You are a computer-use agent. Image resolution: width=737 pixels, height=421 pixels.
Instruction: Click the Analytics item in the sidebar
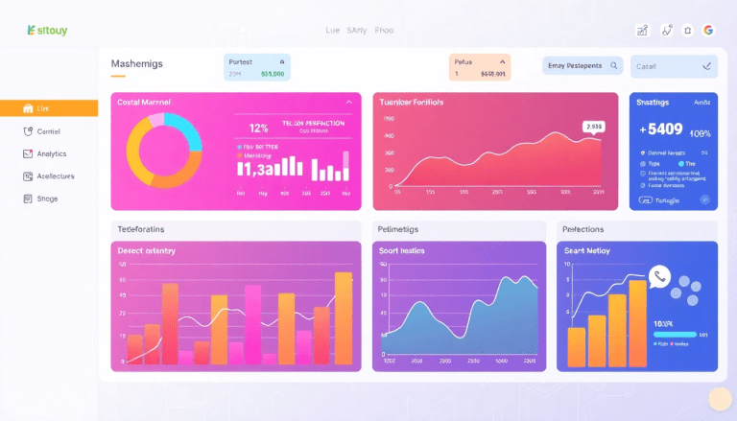click(51, 153)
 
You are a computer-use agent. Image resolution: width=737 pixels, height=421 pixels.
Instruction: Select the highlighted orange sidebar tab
click(49, 108)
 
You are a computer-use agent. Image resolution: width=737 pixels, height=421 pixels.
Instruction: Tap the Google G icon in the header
click(709, 31)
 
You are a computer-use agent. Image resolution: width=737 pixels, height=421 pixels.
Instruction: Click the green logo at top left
click(47, 31)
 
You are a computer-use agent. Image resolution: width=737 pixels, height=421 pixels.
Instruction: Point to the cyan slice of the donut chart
click(187, 131)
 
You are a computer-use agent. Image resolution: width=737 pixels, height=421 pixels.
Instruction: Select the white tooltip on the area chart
click(593, 126)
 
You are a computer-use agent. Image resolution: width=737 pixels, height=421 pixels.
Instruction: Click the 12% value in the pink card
click(258, 127)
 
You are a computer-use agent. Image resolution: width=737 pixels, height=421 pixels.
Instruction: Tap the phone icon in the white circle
click(659, 277)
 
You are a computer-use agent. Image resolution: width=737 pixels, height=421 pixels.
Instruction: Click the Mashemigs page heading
click(138, 64)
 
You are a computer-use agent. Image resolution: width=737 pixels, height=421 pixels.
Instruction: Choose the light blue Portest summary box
click(256, 67)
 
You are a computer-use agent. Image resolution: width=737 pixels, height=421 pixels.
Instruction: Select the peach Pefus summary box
click(479, 67)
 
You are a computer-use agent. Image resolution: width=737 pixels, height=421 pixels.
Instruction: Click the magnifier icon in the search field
click(613, 66)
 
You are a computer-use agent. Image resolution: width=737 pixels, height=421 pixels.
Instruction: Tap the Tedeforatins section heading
click(141, 229)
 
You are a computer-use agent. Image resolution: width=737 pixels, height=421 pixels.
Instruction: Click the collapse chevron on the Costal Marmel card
click(348, 102)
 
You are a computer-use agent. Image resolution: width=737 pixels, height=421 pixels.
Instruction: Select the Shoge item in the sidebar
click(47, 199)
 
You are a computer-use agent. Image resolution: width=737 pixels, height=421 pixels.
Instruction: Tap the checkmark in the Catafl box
click(707, 66)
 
